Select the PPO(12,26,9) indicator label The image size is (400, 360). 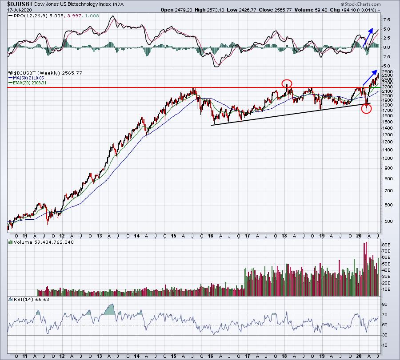[x=28, y=16]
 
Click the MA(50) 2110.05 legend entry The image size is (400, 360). [x=28, y=78]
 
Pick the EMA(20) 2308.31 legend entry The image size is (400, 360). [x=30, y=83]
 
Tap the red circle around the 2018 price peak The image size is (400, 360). [x=287, y=83]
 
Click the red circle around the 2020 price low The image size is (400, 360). [x=366, y=109]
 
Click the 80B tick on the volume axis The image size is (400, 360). [x=386, y=244]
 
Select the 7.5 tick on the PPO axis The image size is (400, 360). [x=386, y=20]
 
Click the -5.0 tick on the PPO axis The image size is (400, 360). [x=386, y=66]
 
